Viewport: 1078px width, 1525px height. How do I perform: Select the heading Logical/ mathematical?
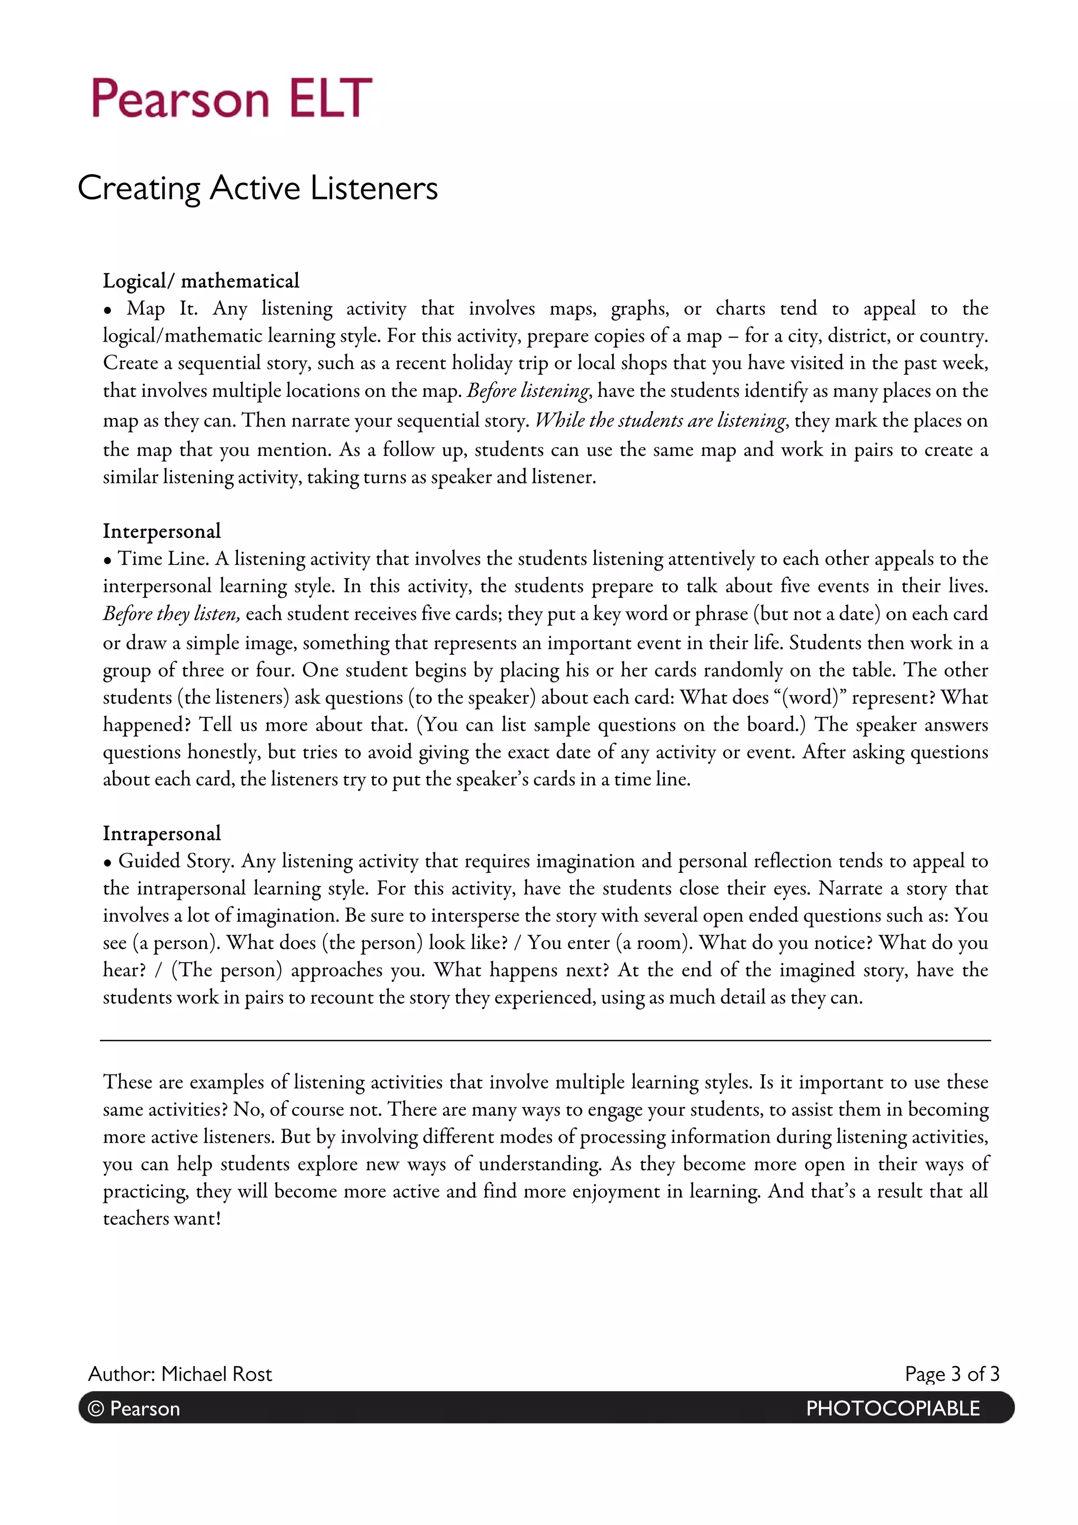point(201,281)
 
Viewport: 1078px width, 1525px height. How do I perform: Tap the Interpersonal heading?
point(162,531)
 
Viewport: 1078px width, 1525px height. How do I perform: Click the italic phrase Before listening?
point(527,391)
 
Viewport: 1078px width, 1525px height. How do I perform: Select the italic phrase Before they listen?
point(171,613)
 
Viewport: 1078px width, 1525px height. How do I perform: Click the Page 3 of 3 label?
point(951,1373)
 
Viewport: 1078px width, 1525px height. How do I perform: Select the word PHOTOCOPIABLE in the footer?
point(892,1408)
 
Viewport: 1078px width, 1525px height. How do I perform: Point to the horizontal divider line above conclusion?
point(545,1040)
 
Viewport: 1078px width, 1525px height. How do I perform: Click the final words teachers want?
point(162,1218)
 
